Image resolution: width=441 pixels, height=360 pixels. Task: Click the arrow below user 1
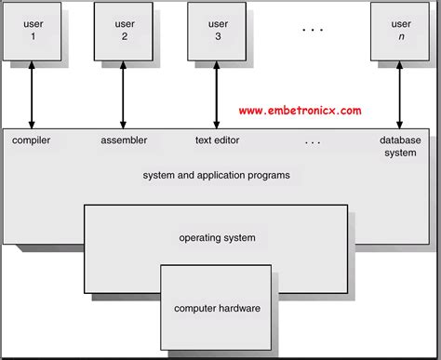tap(33, 92)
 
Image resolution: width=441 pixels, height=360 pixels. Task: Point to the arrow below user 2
tap(124, 92)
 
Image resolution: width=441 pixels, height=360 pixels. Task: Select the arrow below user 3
tap(216, 92)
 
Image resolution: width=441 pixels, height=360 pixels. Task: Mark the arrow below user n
tap(400, 92)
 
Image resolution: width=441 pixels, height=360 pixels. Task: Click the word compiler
tap(32, 140)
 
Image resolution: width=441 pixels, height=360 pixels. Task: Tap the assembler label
tap(124, 140)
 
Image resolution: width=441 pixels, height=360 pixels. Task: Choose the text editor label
tap(216, 140)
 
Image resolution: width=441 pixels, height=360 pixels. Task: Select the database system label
tap(400, 147)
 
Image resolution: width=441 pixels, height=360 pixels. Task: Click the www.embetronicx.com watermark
tap(300, 111)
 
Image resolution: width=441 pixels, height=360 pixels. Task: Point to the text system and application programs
tap(216, 175)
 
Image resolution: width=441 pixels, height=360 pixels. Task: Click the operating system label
tap(217, 238)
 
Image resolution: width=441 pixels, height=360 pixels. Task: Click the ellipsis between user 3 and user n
tap(313, 30)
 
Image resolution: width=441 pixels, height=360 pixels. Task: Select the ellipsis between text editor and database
tap(313, 142)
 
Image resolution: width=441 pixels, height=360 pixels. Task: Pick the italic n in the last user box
tap(401, 36)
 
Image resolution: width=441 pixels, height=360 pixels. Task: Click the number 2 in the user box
tap(124, 36)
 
